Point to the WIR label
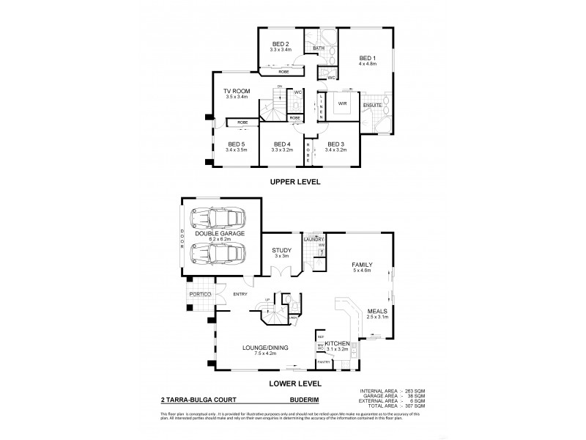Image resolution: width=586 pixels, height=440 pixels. (341, 103)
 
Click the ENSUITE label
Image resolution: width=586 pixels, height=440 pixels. (372, 106)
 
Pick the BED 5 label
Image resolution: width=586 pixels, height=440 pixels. (235, 144)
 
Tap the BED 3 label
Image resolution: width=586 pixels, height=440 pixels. (336, 144)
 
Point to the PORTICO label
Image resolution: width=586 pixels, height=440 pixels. (200, 294)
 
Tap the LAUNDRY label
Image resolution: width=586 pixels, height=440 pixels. (314, 238)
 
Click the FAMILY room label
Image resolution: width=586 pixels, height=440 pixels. (363, 265)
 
